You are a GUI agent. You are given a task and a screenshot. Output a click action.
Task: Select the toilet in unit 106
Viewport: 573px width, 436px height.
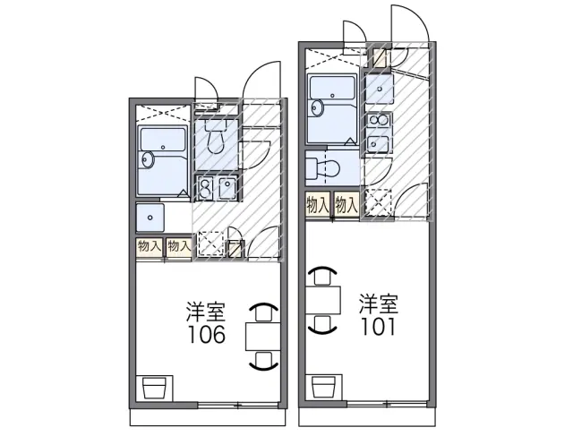(x=216, y=140)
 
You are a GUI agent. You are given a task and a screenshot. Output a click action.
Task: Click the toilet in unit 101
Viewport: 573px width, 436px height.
(x=323, y=168)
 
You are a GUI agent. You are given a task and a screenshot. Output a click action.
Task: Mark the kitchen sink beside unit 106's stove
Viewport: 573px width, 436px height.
(x=227, y=188)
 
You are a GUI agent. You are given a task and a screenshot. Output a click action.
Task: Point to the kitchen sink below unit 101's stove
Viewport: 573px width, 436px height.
(x=379, y=144)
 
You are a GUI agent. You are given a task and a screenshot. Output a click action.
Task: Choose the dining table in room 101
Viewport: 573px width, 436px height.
(x=323, y=297)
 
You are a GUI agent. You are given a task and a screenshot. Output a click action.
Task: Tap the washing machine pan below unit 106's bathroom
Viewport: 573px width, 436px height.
(x=150, y=218)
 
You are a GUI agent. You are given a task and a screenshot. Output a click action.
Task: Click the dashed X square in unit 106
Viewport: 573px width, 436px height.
(x=210, y=244)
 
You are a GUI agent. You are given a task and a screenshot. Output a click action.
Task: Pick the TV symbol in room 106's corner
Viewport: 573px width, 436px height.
(x=155, y=387)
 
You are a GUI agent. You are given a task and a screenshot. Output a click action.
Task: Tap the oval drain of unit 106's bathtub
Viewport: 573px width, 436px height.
(x=149, y=160)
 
